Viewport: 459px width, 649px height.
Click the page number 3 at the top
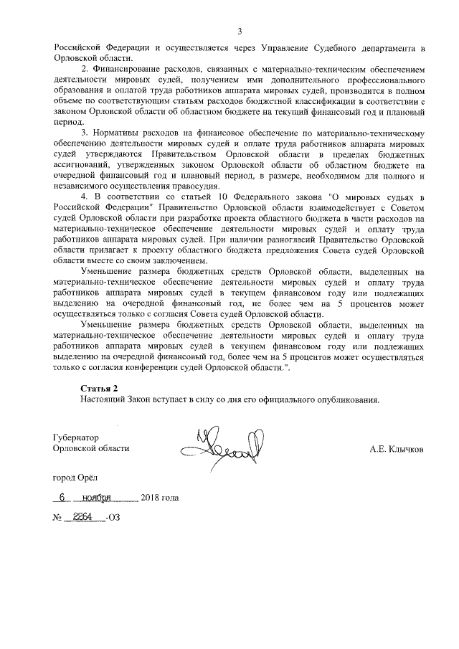click(x=240, y=30)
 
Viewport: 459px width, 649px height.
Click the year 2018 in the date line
click(x=151, y=498)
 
